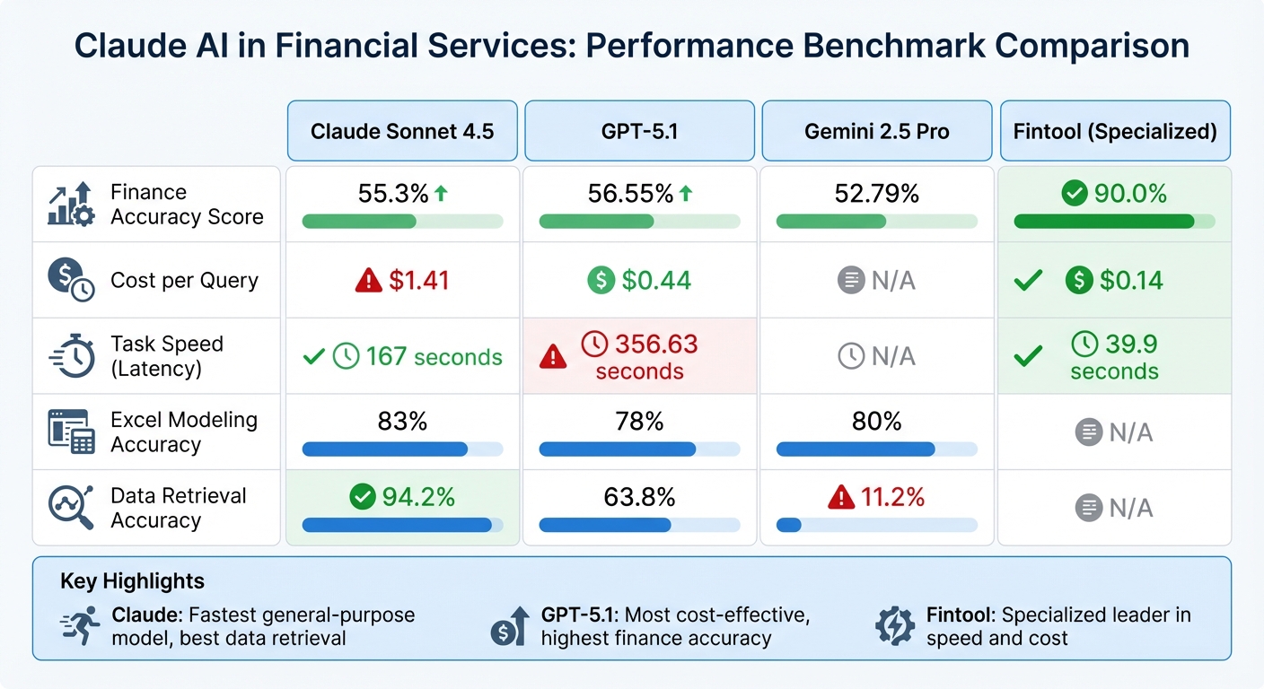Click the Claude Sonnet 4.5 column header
pyautogui.click(x=402, y=131)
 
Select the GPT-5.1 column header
pyautogui.click(x=639, y=131)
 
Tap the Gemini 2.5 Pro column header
pyautogui.click(x=876, y=131)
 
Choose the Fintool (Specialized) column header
pyautogui.click(x=1114, y=131)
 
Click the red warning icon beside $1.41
pyautogui.click(x=369, y=281)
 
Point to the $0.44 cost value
pyautogui.click(x=656, y=281)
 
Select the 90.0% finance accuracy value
pyautogui.click(x=1130, y=193)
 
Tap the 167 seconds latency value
pyautogui.click(x=434, y=357)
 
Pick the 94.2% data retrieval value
pyautogui.click(x=417, y=496)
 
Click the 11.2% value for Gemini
pyautogui.click(x=892, y=496)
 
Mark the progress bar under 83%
pyautogui.click(x=402, y=449)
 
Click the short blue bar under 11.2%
pyautogui.click(x=788, y=525)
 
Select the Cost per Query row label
pyautogui.click(x=184, y=280)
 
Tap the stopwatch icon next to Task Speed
pyautogui.click(x=72, y=356)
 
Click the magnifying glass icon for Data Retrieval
pyautogui.click(x=70, y=508)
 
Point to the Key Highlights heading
pyautogui.click(x=132, y=581)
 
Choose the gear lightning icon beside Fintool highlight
pyautogui.click(x=895, y=625)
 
